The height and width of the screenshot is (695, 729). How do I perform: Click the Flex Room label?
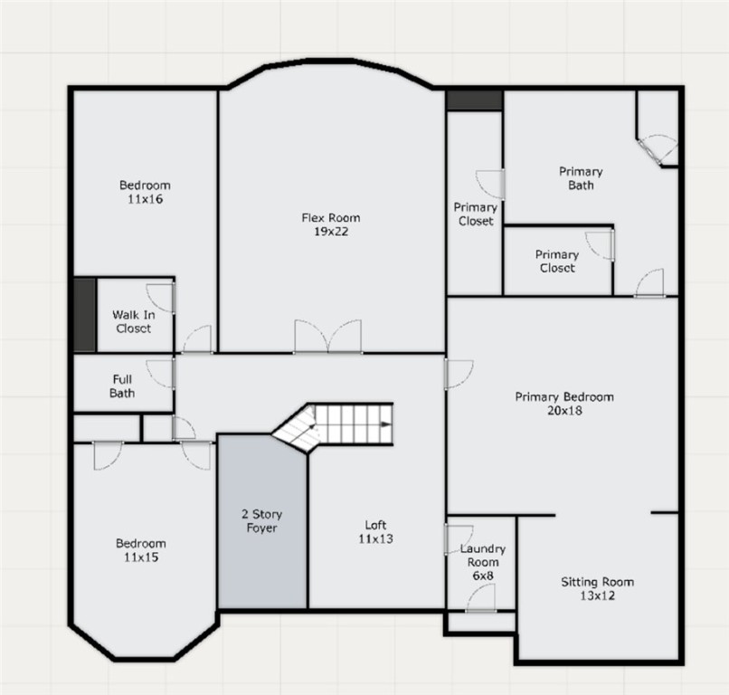[x=330, y=218]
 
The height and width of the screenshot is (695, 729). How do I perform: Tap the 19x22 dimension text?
[x=330, y=231]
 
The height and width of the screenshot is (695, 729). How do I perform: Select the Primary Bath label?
[x=581, y=178]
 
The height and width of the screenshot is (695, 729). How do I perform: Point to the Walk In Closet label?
[x=134, y=321]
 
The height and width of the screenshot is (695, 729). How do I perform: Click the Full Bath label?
[x=122, y=386]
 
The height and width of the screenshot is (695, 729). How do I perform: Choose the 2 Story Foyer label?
[x=261, y=521]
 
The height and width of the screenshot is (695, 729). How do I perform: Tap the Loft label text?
[x=375, y=525]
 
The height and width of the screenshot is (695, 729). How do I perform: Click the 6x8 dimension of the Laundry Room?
[x=483, y=576]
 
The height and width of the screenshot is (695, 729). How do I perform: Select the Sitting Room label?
[x=598, y=582]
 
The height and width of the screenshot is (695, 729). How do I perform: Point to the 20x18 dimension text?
[x=564, y=410]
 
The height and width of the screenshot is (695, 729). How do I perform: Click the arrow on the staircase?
[x=386, y=424]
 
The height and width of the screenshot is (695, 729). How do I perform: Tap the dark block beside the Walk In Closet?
[x=85, y=315]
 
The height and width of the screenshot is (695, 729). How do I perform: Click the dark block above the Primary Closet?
[x=474, y=100]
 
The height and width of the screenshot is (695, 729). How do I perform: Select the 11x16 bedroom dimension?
[x=145, y=199]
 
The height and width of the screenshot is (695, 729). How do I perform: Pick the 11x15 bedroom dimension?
[x=141, y=557]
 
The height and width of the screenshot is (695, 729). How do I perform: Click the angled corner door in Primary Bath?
[x=649, y=152]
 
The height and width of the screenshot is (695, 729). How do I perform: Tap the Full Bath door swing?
[x=160, y=374]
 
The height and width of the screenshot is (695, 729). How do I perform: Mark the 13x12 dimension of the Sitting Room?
[x=598, y=595]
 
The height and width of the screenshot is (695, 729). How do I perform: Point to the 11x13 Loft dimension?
[x=375, y=538]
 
